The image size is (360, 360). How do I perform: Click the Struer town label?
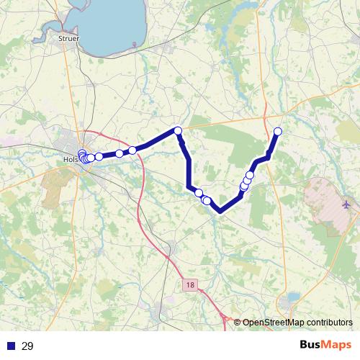coord(69,37)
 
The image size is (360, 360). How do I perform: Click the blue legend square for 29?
coord(11,346)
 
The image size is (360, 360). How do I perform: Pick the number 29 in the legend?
coord(27,346)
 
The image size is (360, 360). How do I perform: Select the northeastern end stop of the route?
coord(278,130)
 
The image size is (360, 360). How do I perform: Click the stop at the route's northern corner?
coord(178,130)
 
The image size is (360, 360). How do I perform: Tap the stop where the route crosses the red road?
coord(132,150)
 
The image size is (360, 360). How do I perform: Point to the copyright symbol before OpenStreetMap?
coord(238,322)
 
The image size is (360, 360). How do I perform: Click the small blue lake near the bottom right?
coord(293,297)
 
